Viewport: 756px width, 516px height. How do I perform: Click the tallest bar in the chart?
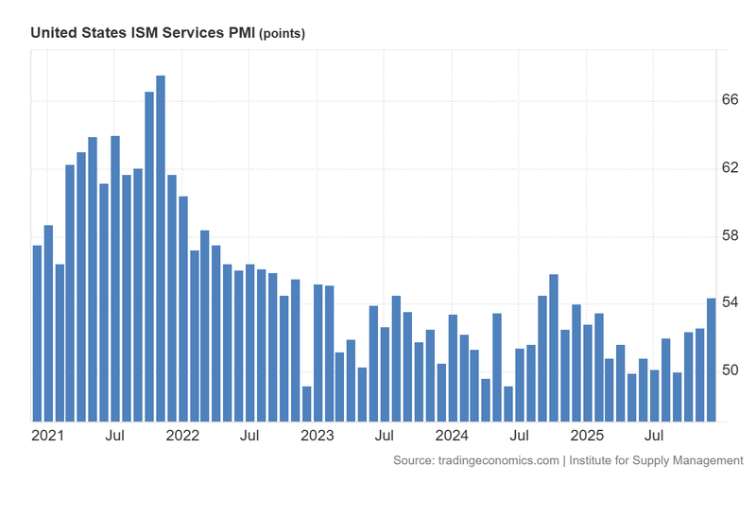tap(161, 248)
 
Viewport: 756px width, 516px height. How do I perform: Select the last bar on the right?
tap(711, 359)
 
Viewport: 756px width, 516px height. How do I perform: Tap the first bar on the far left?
tap(37, 333)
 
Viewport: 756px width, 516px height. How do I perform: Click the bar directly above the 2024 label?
tap(453, 368)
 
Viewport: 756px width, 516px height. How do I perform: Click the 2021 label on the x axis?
tap(47, 436)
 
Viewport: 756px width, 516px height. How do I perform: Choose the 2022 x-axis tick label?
tap(182, 436)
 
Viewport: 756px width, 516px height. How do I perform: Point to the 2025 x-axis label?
tap(587, 436)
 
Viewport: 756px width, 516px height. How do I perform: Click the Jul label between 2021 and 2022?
tap(115, 436)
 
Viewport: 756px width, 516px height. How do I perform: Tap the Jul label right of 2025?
tap(654, 436)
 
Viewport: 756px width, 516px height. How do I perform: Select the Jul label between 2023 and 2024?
tap(385, 436)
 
